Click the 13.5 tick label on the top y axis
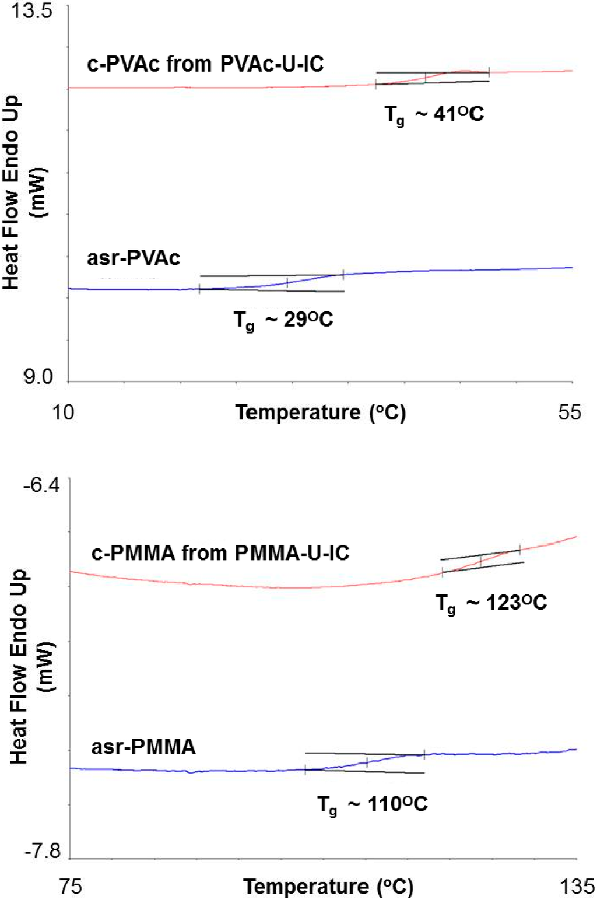[x=33, y=12]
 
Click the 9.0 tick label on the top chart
[x=38, y=377]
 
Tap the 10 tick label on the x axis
[x=63, y=412]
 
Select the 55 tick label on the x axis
[x=569, y=412]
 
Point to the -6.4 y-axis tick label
[x=41, y=485]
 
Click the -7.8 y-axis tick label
[x=42, y=851]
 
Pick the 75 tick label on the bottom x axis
[x=70, y=887]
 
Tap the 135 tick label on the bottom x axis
[x=577, y=887]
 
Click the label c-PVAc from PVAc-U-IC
[x=205, y=64]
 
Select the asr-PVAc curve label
[x=134, y=258]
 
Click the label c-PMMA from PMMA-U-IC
[x=220, y=552]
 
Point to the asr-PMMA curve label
[x=143, y=747]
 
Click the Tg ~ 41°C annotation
[x=434, y=115]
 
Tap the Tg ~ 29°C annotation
[x=283, y=321]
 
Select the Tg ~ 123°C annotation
[x=491, y=603]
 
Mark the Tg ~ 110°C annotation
[x=373, y=806]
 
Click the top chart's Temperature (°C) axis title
[x=320, y=412]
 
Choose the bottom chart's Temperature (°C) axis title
[x=328, y=887]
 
